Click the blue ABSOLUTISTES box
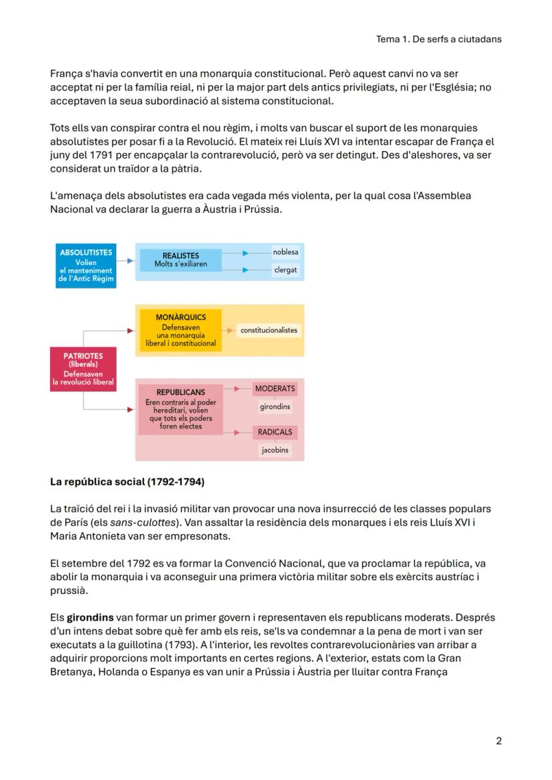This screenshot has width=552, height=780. (x=85, y=266)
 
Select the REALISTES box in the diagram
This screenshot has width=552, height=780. (x=180, y=260)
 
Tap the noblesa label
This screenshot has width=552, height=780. (x=285, y=252)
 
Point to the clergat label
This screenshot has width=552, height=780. (x=285, y=270)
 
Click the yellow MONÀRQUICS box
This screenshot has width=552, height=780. (x=180, y=330)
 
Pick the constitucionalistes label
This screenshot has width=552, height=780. (x=269, y=330)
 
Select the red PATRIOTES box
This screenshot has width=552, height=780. (x=83, y=368)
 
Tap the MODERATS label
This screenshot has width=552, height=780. (x=275, y=388)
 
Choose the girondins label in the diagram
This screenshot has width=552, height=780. (x=275, y=406)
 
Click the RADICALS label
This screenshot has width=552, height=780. (x=275, y=432)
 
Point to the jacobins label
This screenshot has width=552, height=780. (x=275, y=450)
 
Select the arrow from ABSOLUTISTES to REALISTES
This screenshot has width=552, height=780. (x=127, y=260)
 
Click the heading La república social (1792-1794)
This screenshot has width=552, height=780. (x=127, y=481)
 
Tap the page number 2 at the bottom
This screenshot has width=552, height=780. (x=499, y=741)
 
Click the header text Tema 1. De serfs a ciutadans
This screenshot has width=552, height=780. (x=439, y=39)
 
